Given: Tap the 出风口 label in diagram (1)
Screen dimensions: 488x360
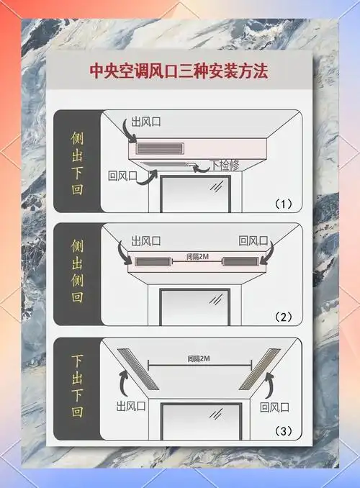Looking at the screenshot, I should [145, 122].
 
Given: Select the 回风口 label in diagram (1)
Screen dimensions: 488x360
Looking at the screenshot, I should [122, 175].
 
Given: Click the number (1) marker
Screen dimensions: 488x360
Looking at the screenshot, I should [283, 204].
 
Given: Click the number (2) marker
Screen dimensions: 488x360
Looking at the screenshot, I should [283, 317].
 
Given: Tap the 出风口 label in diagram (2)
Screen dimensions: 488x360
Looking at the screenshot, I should [146, 241].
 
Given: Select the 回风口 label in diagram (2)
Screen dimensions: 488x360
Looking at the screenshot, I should [253, 241].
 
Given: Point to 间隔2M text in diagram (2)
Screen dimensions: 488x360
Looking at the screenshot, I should [197, 256].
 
